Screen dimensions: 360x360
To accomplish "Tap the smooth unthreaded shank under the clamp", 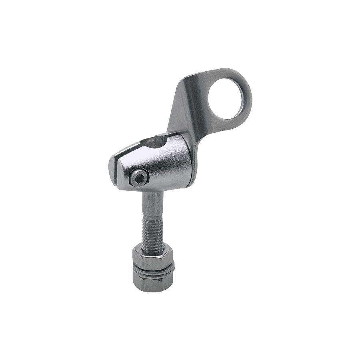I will coord(151,202).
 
